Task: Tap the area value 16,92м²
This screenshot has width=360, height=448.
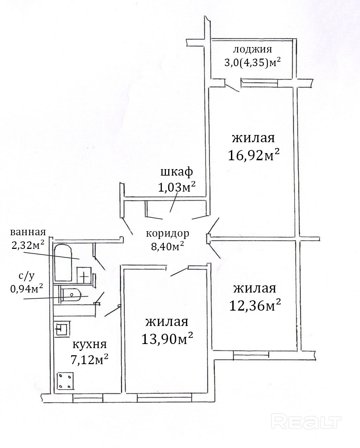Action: [253, 155]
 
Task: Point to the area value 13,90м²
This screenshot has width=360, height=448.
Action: [167, 339]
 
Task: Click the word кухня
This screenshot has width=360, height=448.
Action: [90, 344]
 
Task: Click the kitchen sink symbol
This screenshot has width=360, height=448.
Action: [62, 329]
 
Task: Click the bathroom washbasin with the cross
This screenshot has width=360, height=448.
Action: [84, 275]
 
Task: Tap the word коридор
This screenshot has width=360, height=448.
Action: [168, 234]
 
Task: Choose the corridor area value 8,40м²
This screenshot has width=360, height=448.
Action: [168, 246]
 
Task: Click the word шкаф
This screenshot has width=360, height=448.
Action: [177, 172]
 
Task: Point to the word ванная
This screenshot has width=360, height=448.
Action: [28, 232]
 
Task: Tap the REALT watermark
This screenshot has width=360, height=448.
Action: [306, 411]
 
